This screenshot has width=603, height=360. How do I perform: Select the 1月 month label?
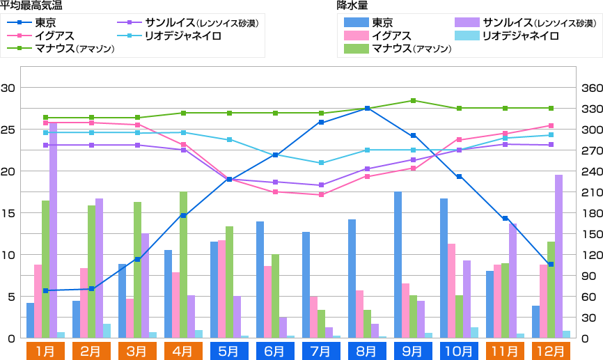[45, 350]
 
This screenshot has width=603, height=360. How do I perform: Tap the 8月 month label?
[367, 350]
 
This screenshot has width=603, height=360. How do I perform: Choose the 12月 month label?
[551, 350]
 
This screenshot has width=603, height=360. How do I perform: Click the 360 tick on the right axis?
[591, 88]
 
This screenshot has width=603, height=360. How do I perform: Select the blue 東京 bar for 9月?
[398, 265]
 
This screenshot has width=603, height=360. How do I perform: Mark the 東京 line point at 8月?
[367, 109]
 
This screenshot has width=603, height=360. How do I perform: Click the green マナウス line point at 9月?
[413, 100]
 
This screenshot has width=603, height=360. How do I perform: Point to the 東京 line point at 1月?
[45, 290]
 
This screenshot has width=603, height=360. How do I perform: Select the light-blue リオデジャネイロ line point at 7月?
[321, 163]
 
